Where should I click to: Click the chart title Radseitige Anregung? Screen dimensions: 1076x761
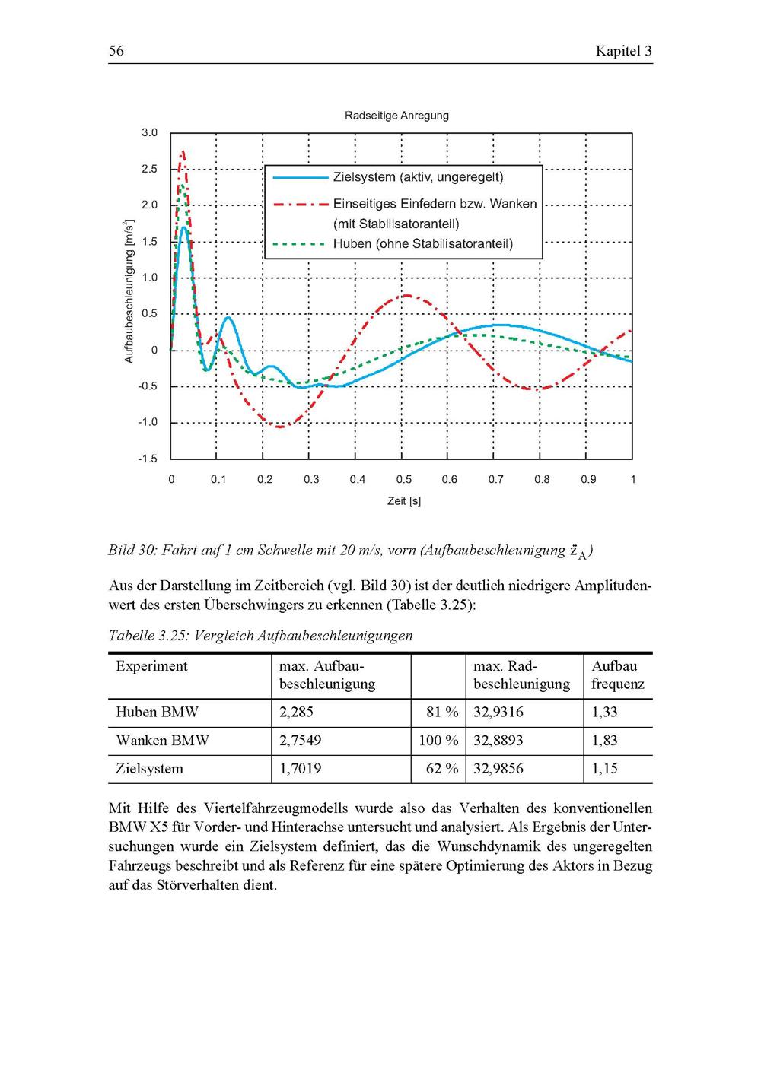396,116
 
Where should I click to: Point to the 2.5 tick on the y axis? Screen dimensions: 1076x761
149,169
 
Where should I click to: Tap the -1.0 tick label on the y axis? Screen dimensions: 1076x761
148,423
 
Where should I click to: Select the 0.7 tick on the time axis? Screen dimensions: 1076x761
496,480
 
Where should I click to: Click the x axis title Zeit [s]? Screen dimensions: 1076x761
403,501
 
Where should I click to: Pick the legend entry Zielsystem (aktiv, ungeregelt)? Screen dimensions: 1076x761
418,177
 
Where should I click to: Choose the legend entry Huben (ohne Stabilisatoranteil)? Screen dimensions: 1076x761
422,244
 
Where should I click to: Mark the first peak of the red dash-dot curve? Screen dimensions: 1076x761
182,152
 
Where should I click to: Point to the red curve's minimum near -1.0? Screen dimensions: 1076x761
279,427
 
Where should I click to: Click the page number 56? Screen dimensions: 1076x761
116,52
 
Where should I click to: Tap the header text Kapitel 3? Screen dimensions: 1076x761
623,52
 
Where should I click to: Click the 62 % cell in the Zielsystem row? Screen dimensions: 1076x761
442,769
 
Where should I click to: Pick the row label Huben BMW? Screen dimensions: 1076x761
157,713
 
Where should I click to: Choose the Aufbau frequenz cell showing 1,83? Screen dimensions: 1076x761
604,741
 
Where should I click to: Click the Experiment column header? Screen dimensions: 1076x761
151,666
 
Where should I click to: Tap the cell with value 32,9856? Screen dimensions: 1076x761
498,769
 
